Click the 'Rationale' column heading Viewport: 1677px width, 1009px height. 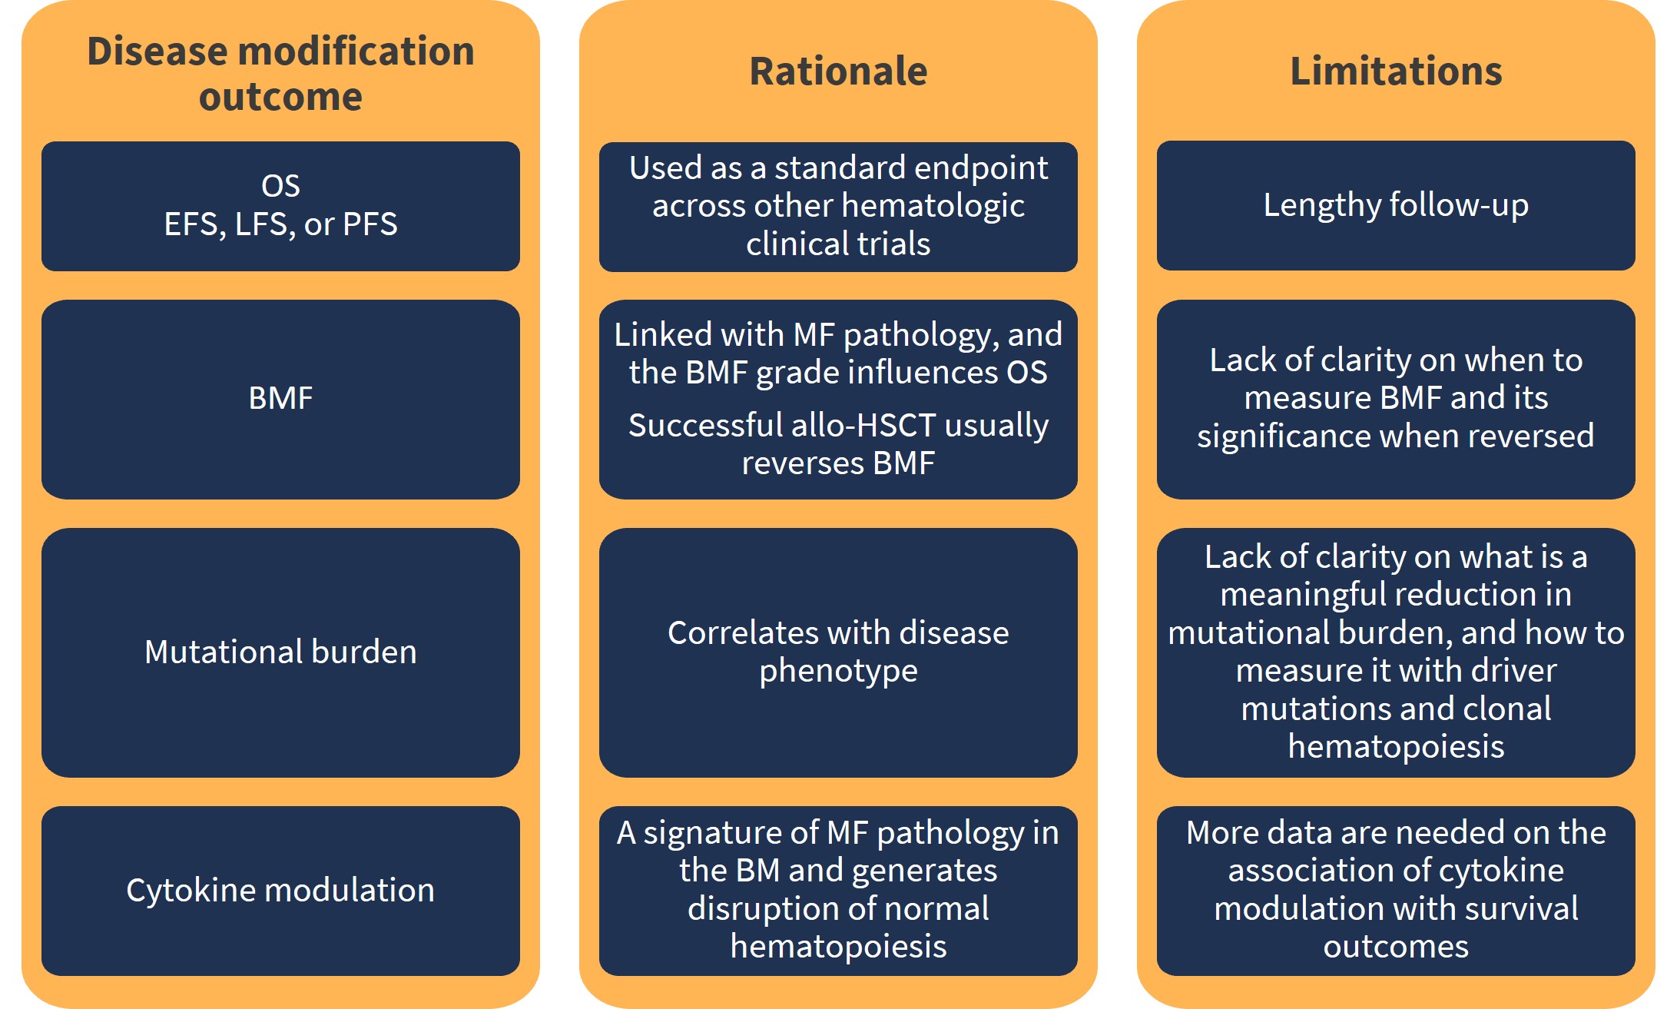(x=838, y=71)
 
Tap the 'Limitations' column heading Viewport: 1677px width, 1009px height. (x=1396, y=71)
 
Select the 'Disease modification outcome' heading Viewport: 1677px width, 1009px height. (x=280, y=74)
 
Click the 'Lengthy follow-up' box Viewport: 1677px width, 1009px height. (x=1396, y=205)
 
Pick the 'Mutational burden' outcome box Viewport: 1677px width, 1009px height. (x=280, y=652)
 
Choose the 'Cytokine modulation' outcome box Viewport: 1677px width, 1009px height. (x=280, y=891)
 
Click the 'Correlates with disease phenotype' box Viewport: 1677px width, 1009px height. (x=838, y=652)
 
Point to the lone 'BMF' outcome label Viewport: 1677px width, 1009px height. (x=280, y=398)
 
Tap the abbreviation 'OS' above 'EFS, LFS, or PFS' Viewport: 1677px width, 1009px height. (x=280, y=186)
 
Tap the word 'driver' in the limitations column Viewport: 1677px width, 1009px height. (x=1513, y=671)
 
